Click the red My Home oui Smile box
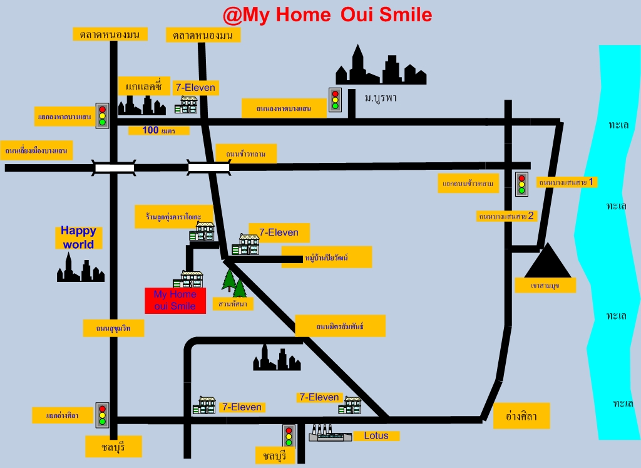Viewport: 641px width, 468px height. (175, 300)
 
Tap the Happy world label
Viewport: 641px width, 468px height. (78, 237)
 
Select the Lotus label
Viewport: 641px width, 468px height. (376, 435)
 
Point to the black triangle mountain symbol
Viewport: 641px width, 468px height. (548, 261)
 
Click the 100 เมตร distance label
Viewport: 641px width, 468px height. (159, 130)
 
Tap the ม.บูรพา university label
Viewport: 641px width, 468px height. (381, 98)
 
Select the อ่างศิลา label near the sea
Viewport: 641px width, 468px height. (521, 416)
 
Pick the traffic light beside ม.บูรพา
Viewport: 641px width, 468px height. (335, 99)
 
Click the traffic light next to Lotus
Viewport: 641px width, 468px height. (289, 436)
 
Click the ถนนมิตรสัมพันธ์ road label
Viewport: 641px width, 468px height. (340, 326)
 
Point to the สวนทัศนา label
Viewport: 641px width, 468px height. (233, 304)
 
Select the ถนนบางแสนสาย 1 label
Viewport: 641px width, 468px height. (567, 182)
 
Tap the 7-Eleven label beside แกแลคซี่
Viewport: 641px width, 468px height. (195, 88)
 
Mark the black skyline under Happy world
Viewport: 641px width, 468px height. (81, 268)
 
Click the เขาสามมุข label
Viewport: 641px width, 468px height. (545, 286)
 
